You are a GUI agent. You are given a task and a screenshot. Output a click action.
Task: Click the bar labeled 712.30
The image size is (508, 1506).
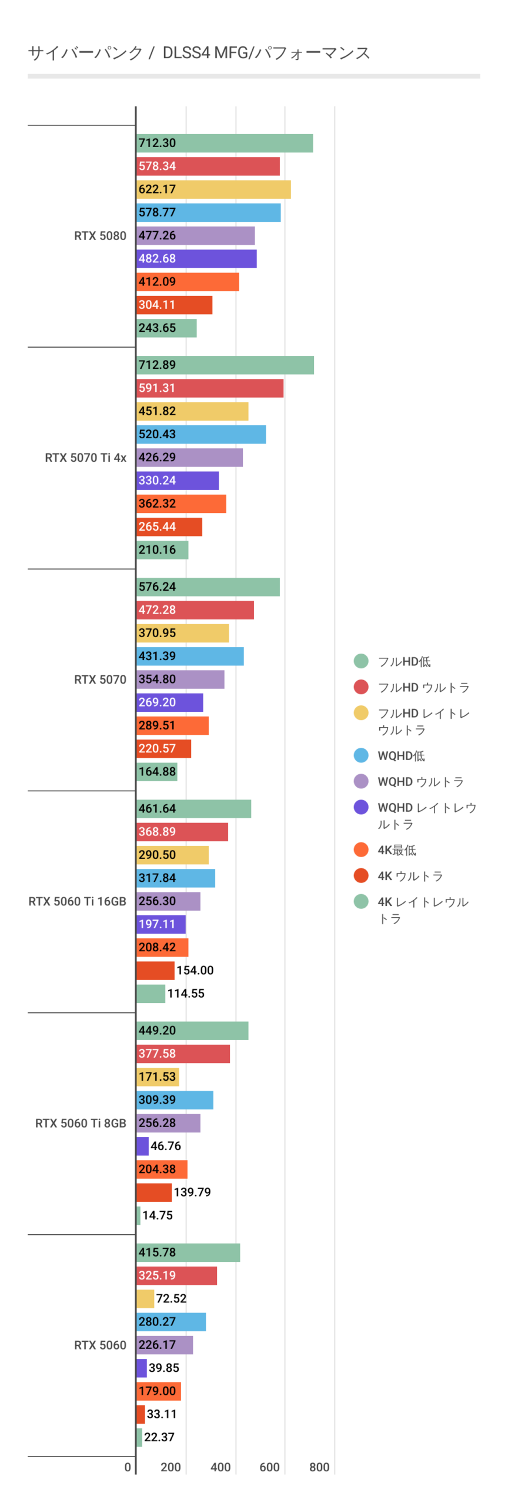coord(224,143)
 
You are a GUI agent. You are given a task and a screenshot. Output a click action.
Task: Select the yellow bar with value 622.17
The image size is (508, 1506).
coord(213,189)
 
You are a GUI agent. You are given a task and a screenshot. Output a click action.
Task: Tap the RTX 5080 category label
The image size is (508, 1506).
coord(100,236)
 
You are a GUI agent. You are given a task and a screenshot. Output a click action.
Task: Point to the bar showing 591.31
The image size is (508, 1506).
coord(209,388)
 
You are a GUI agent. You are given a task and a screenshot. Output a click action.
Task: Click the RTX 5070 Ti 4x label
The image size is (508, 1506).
coord(85,458)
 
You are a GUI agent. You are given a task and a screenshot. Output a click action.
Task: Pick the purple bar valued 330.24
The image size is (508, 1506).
coord(177,481)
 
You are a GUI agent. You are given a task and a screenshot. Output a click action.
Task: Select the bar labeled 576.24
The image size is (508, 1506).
coord(208,587)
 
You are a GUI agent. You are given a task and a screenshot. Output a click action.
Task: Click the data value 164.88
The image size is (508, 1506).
coord(157,771)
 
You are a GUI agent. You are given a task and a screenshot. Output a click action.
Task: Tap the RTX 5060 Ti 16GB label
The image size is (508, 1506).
coord(77,901)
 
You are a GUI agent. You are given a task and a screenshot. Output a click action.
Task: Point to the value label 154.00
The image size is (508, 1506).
coord(195,970)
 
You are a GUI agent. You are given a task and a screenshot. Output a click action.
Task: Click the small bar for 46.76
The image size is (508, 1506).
coord(142,1146)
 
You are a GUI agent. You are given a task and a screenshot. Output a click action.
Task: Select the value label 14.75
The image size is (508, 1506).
coord(158,1215)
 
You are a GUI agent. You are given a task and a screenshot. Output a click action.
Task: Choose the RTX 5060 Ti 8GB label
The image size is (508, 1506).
coord(81,1123)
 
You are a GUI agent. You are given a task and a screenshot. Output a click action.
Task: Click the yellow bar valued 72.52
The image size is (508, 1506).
coord(145,1298)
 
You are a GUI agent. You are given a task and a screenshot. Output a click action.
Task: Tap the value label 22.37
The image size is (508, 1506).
coord(159,1437)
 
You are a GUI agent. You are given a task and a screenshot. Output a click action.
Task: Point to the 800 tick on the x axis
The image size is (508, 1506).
coord(319,1467)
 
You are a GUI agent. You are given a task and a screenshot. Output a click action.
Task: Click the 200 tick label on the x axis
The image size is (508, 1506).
coord(171,1467)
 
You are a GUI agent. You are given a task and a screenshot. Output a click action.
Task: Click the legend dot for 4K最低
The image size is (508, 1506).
coord(361,849)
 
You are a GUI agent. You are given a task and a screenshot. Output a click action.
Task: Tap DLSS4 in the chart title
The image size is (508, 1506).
coord(186,53)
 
